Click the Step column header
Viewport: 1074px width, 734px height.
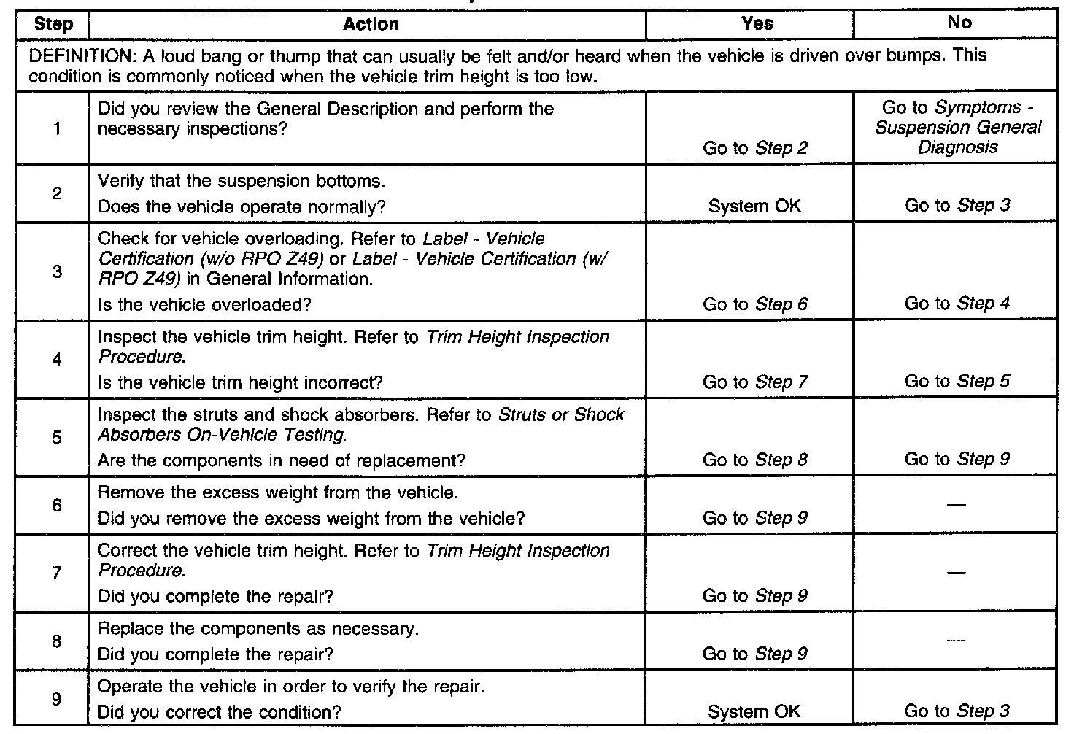(x=53, y=24)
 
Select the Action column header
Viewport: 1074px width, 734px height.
(x=371, y=24)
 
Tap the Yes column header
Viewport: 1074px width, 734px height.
(x=757, y=23)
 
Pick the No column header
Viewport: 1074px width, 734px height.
(x=959, y=23)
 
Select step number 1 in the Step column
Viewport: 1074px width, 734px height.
(x=56, y=130)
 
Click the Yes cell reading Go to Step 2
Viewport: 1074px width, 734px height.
(x=755, y=148)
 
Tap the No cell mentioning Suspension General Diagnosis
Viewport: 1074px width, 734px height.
(x=958, y=128)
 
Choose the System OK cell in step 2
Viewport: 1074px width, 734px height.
(x=754, y=206)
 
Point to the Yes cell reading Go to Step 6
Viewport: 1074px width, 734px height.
(x=755, y=304)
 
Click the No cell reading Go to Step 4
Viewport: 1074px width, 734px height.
(x=957, y=304)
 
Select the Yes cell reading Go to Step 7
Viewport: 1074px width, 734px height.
(x=755, y=382)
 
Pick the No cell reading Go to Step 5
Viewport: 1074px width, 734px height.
(x=957, y=382)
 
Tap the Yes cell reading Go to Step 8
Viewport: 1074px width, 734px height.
(x=755, y=460)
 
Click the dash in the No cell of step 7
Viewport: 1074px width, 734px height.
(x=958, y=573)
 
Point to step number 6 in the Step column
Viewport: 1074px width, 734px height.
(x=56, y=505)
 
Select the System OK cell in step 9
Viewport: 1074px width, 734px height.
(x=754, y=712)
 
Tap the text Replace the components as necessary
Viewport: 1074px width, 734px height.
(x=258, y=629)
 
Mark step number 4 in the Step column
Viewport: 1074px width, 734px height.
(x=56, y=359)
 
